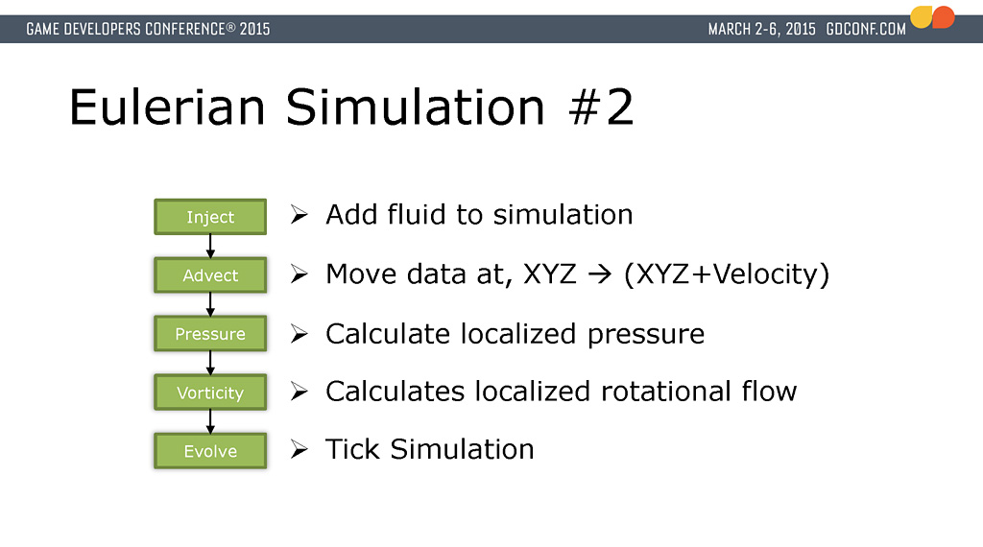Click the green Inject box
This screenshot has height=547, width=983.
210,217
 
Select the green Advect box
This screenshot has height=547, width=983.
210,275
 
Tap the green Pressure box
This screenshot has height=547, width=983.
210,333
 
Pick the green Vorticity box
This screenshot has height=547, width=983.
210,392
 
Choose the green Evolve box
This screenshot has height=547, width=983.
210,450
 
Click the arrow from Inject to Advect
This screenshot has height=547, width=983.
210,246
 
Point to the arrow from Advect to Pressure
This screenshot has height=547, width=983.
210,304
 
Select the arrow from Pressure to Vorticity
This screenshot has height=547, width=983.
210,363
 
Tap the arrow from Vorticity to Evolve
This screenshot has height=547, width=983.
210,421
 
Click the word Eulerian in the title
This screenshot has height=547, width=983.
167,107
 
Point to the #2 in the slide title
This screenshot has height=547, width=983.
601,107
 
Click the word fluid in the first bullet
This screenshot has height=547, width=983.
417,214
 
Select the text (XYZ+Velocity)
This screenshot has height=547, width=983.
727,274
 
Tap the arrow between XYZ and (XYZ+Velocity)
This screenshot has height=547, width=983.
599,274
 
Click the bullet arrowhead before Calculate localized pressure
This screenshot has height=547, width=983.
300,334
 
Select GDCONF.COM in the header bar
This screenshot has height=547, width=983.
866,30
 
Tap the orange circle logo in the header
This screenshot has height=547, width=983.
944,17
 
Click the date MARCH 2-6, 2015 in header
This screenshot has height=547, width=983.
761,30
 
